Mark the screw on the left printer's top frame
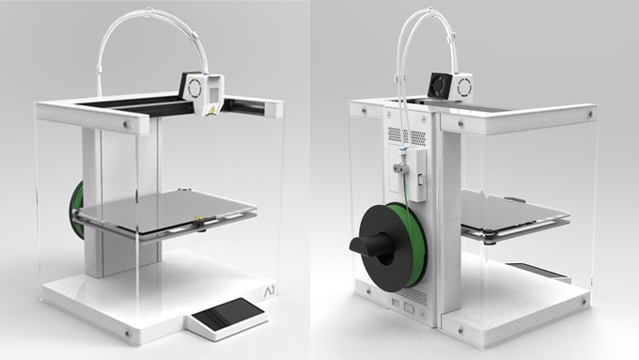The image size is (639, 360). tap(126, 122)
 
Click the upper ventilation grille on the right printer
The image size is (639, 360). tap(398, 135)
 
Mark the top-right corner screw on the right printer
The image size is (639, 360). tap(589, 115)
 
